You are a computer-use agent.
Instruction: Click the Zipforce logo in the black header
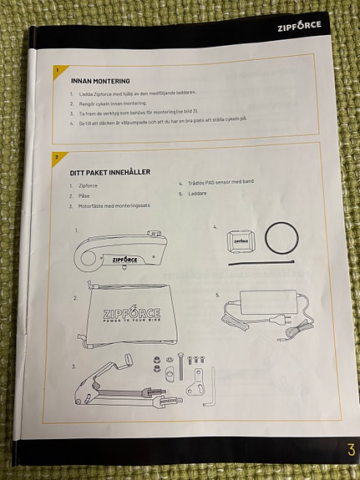point(299,27)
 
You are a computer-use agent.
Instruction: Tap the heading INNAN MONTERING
point(100,81)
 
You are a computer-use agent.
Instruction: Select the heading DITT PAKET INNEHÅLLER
point(109,172)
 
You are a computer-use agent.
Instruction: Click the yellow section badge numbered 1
point(56,71)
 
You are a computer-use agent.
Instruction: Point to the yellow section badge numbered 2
point(56,156)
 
